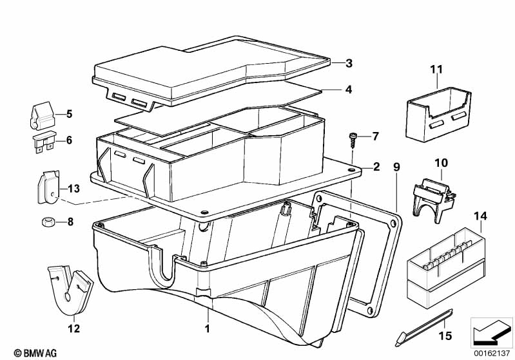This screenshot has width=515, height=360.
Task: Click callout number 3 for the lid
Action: coord(348,63)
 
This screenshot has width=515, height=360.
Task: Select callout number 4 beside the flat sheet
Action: coord(348,90)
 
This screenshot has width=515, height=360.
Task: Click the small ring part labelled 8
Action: coord(46,223)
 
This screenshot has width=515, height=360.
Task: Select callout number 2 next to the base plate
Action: coord(376,166)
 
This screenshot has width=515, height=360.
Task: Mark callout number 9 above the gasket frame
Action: coord(397,167)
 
